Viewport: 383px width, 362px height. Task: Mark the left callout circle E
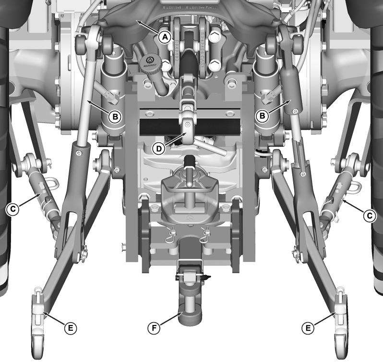(x=70, y=328)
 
